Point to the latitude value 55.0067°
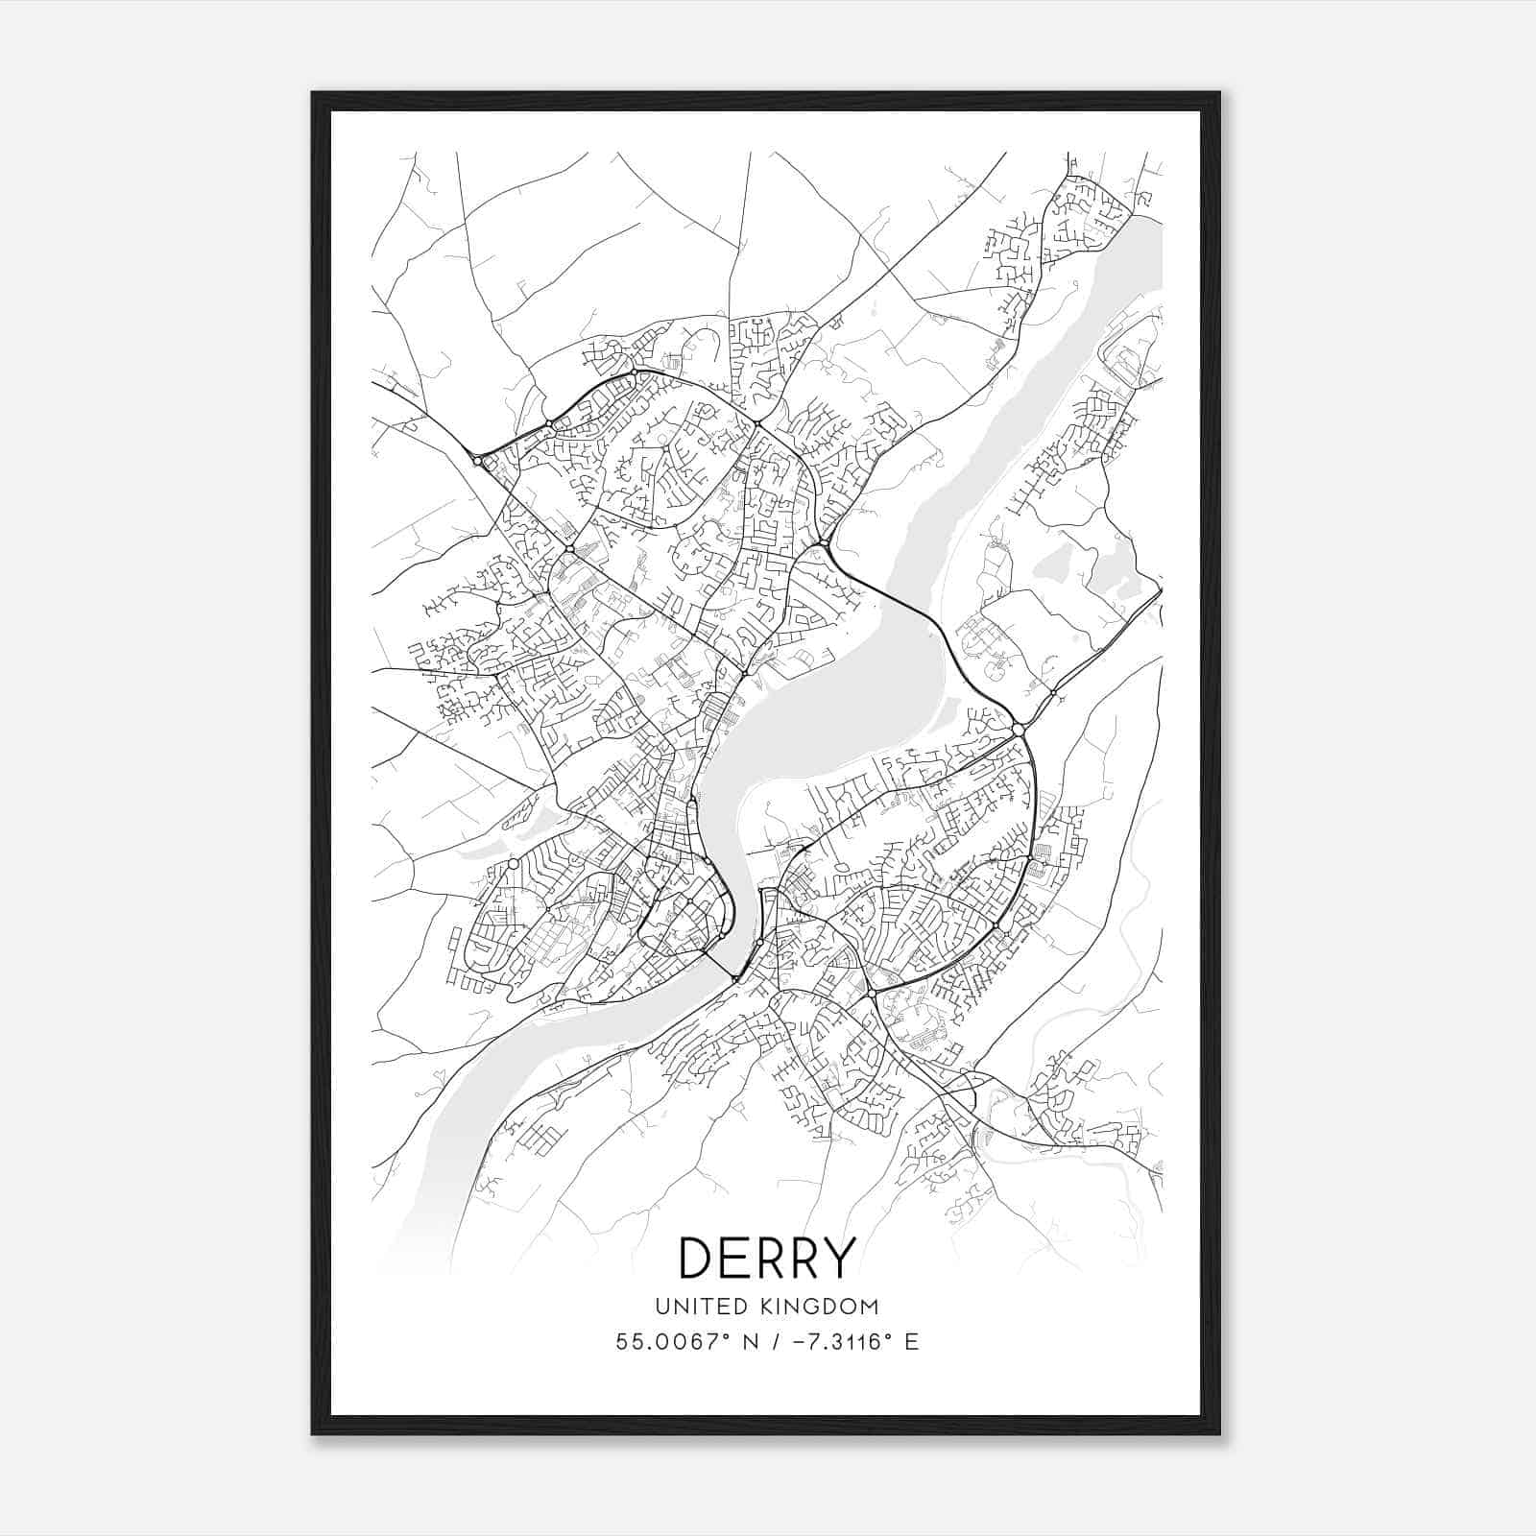coord(671,1341)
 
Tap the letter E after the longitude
coord(911,1341)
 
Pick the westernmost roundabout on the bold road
coord(477,462)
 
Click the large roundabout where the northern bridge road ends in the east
coord(1019,731)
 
